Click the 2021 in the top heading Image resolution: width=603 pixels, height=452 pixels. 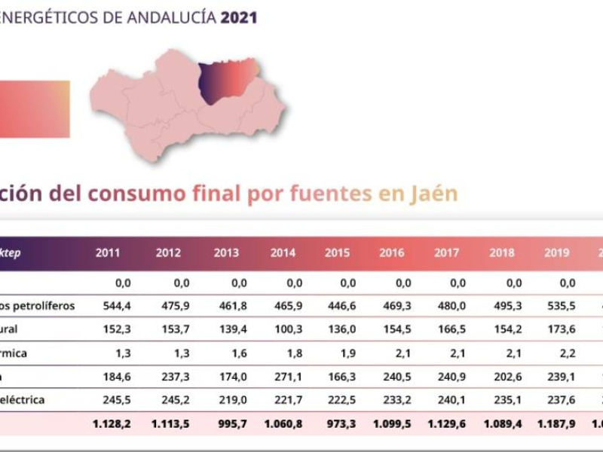click(239, 17)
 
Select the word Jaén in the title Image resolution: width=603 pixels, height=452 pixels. click(433, 194)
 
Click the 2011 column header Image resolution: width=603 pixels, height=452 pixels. click(108, 253)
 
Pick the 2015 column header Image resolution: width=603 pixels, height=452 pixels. click(337, 253)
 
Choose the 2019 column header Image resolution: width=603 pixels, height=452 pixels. click(557, 253)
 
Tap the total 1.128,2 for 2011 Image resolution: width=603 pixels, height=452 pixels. click(112, 424)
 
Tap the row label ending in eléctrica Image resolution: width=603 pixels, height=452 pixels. click(34, 400)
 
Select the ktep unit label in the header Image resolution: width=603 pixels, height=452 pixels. click(11, 253)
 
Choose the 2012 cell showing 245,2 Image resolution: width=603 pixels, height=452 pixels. click(168, 400)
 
